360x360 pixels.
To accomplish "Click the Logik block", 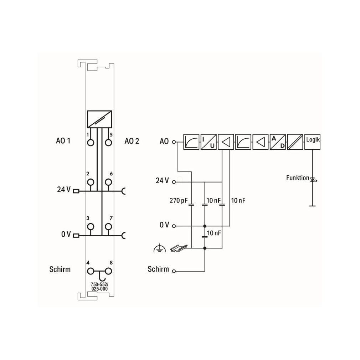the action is (312, 142).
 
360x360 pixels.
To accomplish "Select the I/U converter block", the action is (209, 142).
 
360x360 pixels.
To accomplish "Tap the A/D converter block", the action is (278, 142).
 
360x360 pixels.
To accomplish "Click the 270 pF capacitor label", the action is (178, 200).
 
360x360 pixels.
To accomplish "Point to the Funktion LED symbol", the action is (312, 179).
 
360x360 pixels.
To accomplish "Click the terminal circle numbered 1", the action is (91, 143).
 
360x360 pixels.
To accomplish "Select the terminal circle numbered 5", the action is (108, 143).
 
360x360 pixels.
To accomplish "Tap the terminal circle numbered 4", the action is (91, 271).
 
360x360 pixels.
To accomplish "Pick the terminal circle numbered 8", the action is (108, 271).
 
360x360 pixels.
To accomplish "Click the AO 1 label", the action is (63, 141).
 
